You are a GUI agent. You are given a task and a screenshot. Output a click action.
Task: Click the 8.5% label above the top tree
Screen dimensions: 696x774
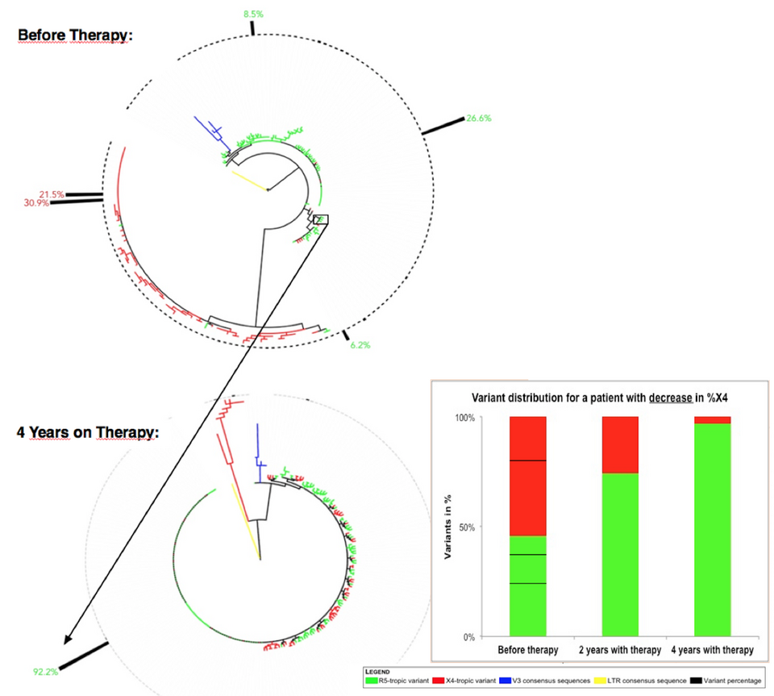tap(252, 14)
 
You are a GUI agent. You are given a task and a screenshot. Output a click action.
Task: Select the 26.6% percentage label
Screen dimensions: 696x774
tap(478, 119)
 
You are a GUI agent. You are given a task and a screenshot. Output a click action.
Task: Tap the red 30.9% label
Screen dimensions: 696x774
tap(37, 202)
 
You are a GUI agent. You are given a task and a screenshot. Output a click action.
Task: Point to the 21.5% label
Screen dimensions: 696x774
tap(51, 194)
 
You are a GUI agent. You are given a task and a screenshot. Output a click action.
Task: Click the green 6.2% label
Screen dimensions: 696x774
tap(360, 345)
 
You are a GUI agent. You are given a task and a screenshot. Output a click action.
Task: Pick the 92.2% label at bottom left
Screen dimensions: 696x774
tap(45, 670)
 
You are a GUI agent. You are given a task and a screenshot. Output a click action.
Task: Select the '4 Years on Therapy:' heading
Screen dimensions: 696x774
tap(88, 432)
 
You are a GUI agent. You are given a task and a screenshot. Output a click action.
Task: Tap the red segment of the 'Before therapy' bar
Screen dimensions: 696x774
tap(528, 476)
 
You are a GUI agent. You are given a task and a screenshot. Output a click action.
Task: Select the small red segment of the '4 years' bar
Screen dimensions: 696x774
tap(712, 420)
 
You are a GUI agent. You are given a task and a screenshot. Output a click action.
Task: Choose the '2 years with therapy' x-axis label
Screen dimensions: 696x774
tap(620, 650)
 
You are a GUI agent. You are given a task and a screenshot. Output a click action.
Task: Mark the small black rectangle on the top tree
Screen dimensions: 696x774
tap(321, 219)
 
